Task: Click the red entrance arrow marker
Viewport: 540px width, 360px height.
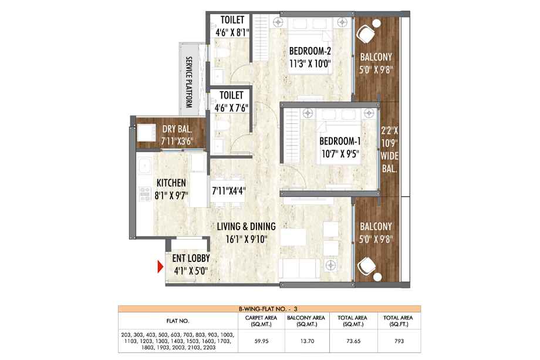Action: (160, 267)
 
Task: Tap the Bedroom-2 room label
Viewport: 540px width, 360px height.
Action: (310, 51)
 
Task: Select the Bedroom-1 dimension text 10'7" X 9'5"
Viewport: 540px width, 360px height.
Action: (340, 154)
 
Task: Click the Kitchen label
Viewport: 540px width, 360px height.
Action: (171, 183)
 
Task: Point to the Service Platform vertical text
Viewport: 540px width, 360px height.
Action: (189, 82)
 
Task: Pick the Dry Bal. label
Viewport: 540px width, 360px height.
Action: (177, 129)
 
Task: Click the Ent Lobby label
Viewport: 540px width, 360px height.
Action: (191, 258)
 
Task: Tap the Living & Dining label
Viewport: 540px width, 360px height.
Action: (247, 226)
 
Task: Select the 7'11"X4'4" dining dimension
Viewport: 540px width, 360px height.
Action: (229, 190)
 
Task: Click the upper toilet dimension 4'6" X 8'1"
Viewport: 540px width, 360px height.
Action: (232, 32)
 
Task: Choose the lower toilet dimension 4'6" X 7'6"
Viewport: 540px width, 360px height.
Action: (231, 108)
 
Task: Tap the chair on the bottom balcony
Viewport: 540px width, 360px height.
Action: (368, 268)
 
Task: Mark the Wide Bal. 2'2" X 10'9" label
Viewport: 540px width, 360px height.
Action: (390, 150)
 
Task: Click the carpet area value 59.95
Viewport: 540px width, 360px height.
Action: (261, 341)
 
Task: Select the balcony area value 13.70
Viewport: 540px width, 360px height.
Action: (307, 341)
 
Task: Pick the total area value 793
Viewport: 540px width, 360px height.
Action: (399, 341)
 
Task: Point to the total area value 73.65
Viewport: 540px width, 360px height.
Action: (353, 341)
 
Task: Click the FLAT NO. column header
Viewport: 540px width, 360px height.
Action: (178, 321)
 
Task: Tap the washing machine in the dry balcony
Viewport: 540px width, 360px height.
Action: (146, 133)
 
